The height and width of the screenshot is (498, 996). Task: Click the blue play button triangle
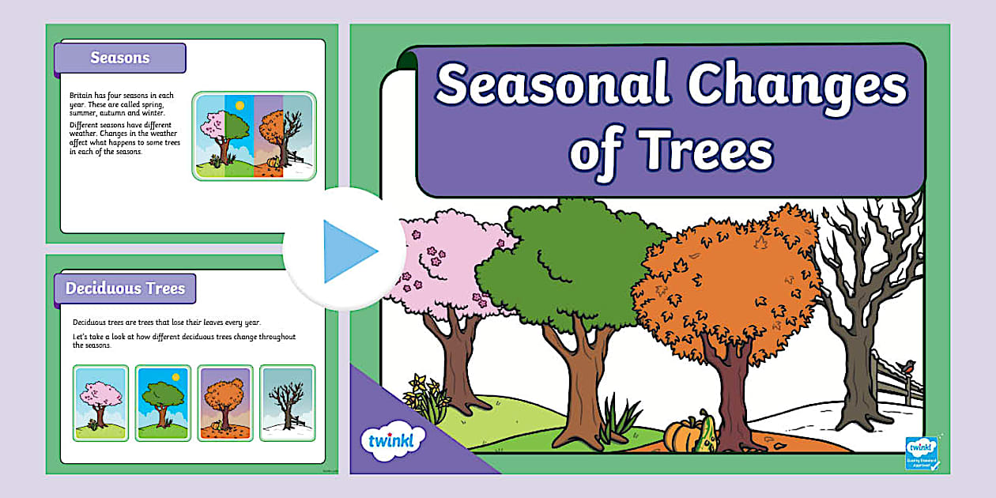pos(349,251)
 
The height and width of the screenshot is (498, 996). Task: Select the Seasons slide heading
pos(119,58)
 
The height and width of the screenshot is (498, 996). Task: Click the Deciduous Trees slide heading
pos(125,289)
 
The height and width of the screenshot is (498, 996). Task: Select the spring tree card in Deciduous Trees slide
pos(100,402)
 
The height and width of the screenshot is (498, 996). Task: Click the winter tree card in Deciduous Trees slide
pos(288,402)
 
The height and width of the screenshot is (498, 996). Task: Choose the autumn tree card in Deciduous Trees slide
pos(225,402)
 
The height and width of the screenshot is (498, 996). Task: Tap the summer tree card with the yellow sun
pos(163,402)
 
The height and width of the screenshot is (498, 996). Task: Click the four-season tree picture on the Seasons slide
pos(255,135)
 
